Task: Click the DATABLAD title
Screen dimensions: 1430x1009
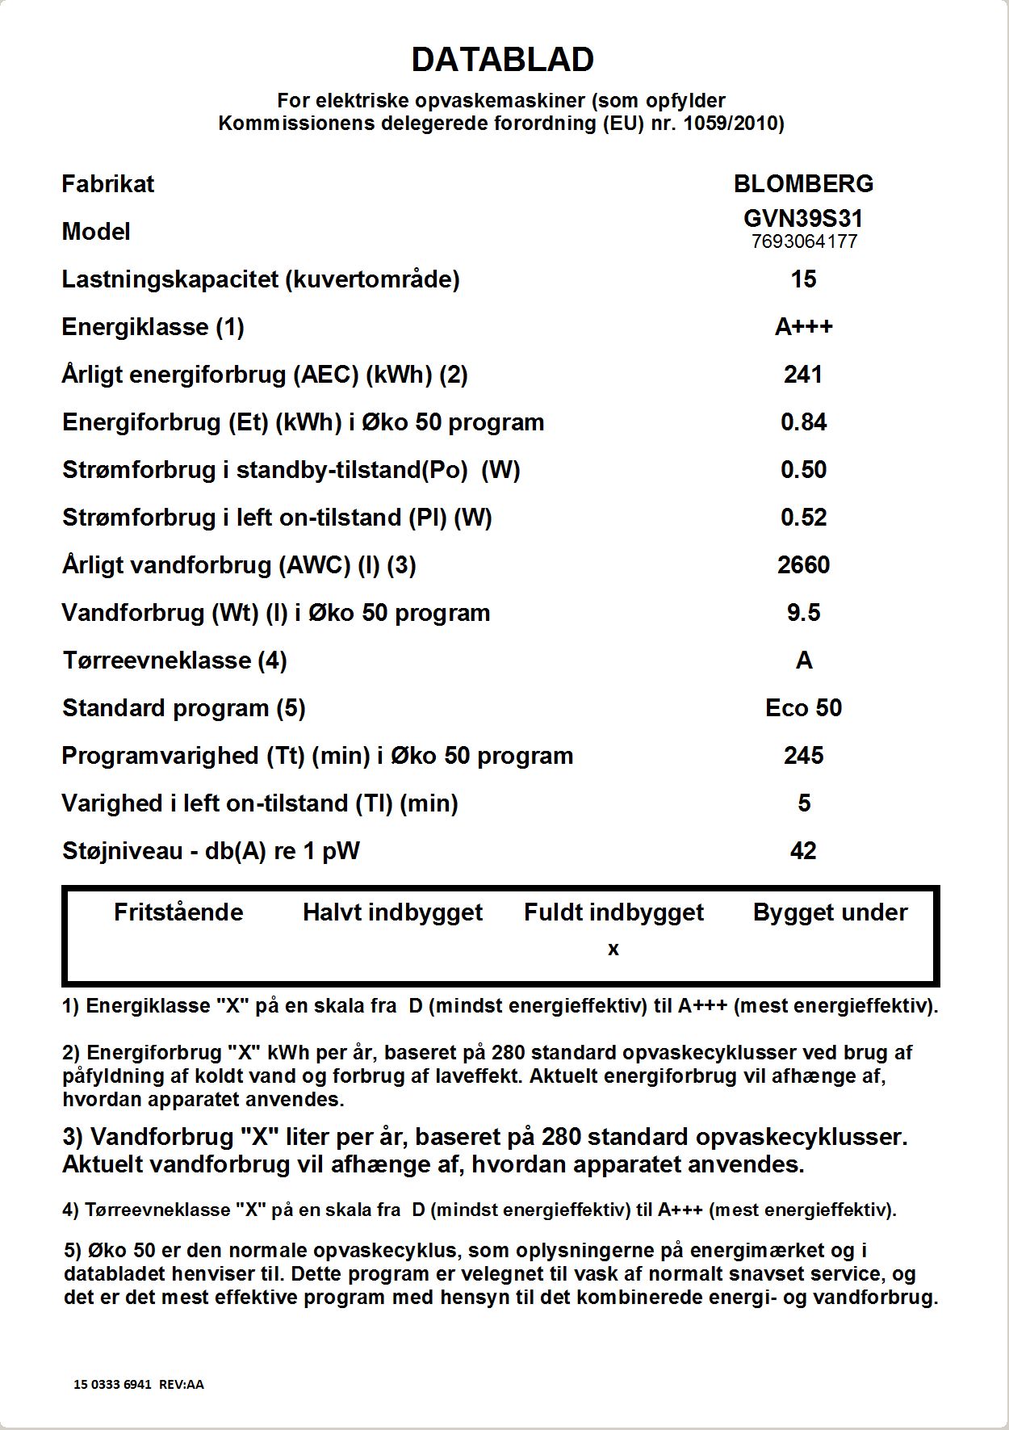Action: click(x=503, y=60)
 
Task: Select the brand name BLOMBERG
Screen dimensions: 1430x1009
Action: click(x=803, y=184)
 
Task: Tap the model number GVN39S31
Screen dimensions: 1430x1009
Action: click(x=803, y=218)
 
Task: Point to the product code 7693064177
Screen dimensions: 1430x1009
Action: click(x=803, y=241)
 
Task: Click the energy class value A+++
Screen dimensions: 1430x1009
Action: click(x=803, y=327)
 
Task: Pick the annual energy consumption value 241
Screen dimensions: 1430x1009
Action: click(x=803, y=375)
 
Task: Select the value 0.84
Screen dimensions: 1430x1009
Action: click(x=803, y=422)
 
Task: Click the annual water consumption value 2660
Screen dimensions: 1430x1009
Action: click(x=803, y=565)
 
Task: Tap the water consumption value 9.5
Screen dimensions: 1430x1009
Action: click(x=803, y=613)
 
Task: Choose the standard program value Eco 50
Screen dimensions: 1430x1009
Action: click(x=803, y=708)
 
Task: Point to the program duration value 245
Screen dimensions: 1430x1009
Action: click(x=803, y=756)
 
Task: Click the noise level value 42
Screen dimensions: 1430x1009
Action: click(x=803, y=851)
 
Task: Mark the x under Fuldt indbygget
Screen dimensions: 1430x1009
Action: click(x=613, y=950)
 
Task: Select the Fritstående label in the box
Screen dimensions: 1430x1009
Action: click(x=178, y=912)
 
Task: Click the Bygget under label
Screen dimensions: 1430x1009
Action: click(x=830, y=912)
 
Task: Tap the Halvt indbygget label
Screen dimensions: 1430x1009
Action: click(x=392, y=912)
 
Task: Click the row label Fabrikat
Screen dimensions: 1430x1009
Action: click(x=107, y=184)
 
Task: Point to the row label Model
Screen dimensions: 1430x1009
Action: click(x=96, y=232)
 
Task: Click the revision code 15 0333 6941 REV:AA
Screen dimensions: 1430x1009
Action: click(x=139, y=1384)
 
